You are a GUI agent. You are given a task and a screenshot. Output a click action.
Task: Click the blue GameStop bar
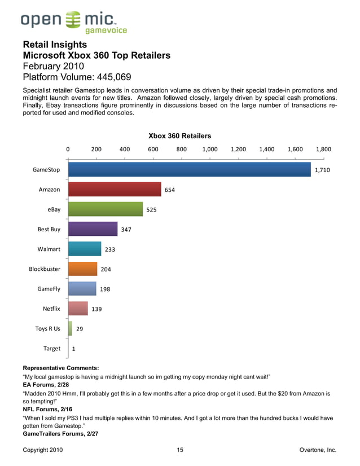pyautogui.click(x=189, y=169)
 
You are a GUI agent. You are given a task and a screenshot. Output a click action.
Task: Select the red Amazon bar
pyautogui.click(x=115, y=190)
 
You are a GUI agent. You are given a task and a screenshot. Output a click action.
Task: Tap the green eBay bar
pyautogui.click(x=106, y=209)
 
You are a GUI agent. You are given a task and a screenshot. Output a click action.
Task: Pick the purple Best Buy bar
pyautogui.click(x=93, y=229)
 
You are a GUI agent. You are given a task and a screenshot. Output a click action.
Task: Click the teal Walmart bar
pyautogui.click(x=85, y=249)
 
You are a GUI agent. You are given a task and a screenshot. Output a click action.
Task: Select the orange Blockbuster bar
pyautogui.click(x=82, y=269)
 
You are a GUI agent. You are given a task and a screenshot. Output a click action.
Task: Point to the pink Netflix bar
pyautogui.click(x=78, y=309)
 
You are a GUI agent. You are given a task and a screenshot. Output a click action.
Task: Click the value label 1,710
pyautogui.click(x=322, y=169)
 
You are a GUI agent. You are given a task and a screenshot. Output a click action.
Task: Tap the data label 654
pyautogui.click(x=169, y=190)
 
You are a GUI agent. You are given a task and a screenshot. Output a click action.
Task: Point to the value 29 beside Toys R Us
pyautogui.click(x=80, y=329)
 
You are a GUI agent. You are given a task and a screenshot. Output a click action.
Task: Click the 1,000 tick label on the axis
pyautogui.click(x=210, y=150)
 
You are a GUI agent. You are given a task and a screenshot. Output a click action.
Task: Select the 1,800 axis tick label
pyautogui.click(x=324, y=150)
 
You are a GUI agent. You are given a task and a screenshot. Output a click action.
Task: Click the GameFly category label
pyautogui.click(x=49, y=289)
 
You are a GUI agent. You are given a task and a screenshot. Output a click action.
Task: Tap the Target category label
pyautogui.click(x=52, y=349)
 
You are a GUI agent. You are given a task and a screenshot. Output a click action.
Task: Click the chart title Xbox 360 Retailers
pyautogui.click(x=179, y=136)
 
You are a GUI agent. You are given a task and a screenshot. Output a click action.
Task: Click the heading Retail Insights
pyautogui.click(x=55, y=45)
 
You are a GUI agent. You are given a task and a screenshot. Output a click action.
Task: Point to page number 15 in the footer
pyautogui.click(x=180, y=450)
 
